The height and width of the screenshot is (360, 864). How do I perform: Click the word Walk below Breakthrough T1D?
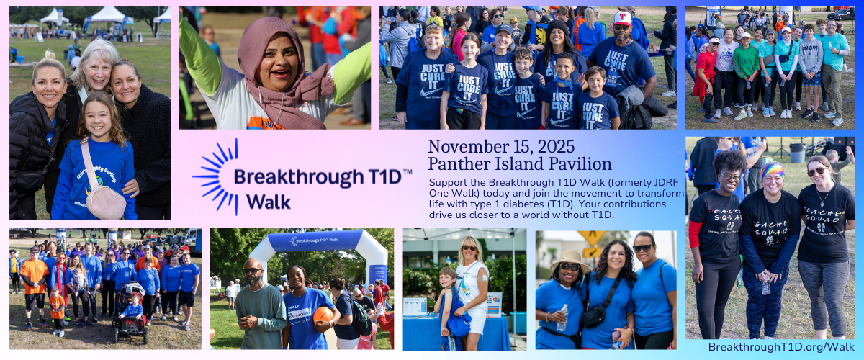[x=269, y=202]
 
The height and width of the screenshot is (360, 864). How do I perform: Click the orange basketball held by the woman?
[x=323, y=315]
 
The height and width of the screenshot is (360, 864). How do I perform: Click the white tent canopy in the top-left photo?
[x=108, y=15]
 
